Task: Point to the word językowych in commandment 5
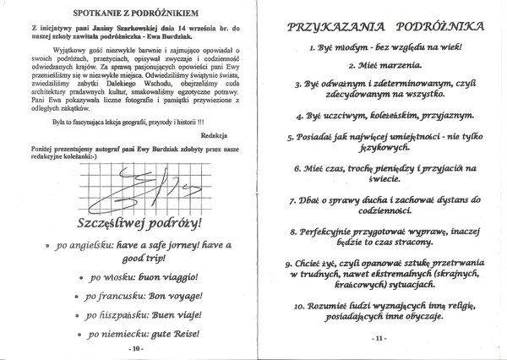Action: click(377, 148)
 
